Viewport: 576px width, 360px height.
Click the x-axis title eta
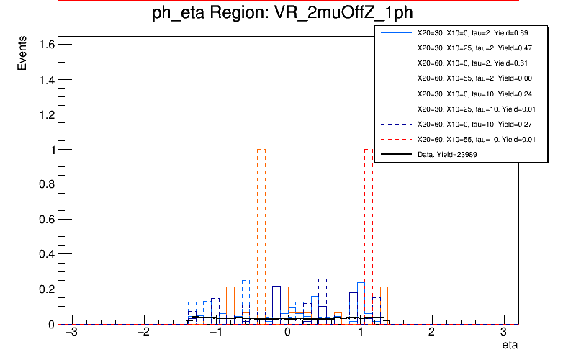coord(510,346)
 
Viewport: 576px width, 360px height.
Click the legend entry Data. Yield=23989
coord(447,154)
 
